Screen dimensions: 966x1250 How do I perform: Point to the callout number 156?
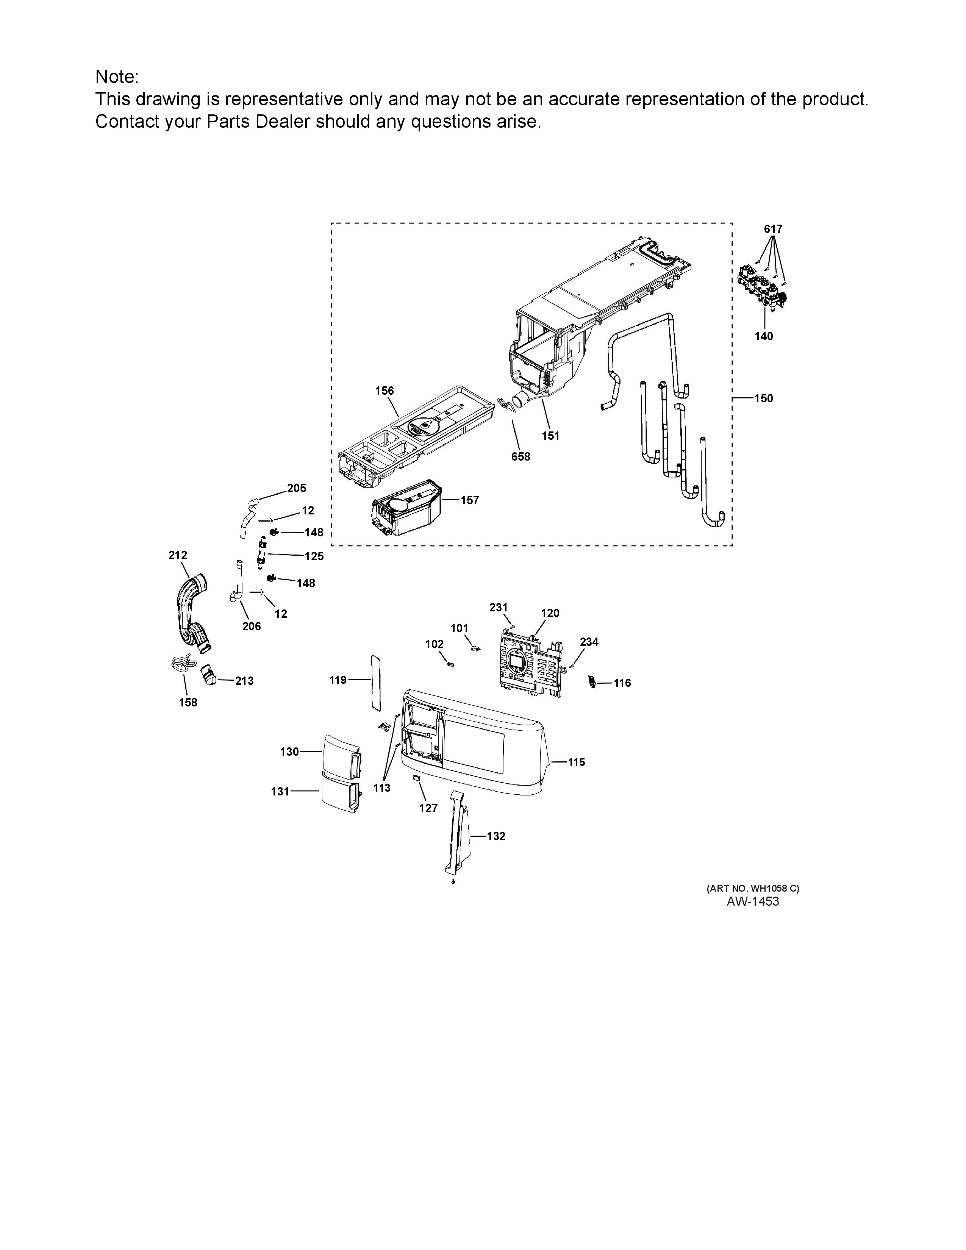point(384,391)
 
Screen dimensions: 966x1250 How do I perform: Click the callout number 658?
point(521,457)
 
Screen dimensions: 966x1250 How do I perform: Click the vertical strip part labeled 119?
point(375,683)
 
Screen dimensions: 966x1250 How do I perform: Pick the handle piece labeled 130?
point(342,756)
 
